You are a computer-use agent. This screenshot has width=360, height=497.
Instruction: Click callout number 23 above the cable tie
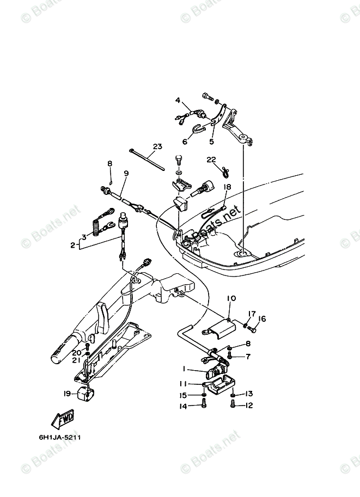pos(157,146)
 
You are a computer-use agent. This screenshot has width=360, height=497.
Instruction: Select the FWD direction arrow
pos(64,420)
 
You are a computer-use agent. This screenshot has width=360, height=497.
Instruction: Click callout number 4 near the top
pos(178,100)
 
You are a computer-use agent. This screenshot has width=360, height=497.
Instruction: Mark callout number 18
pos(227,186)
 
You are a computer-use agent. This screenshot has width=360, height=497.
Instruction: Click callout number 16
pos(261,319)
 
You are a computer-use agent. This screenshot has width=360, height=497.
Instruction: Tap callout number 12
pos(249,406)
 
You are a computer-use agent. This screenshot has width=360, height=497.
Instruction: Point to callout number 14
pos(184,406)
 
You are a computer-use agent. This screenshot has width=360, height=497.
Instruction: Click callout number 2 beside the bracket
pos(72,246)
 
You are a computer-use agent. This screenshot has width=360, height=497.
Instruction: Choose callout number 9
pos(126,173)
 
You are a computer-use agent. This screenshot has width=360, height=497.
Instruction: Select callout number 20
pos(76,353)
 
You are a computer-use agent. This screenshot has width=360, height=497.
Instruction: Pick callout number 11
pos(184,384)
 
